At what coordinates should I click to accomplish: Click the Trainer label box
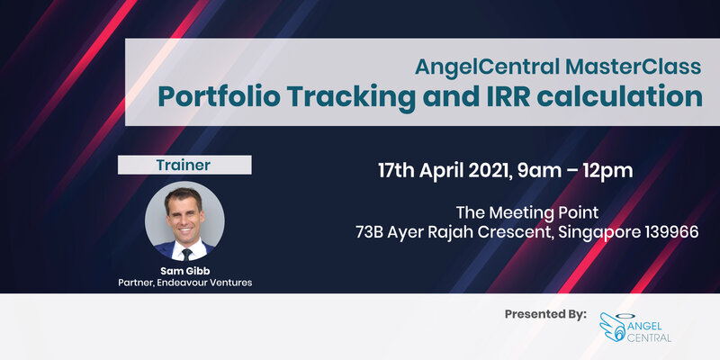[184, 165]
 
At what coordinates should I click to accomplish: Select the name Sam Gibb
[184, 269]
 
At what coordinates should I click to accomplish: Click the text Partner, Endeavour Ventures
[184, 283]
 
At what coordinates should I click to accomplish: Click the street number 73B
[373, 232]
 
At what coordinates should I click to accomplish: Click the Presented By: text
[545, 314]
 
